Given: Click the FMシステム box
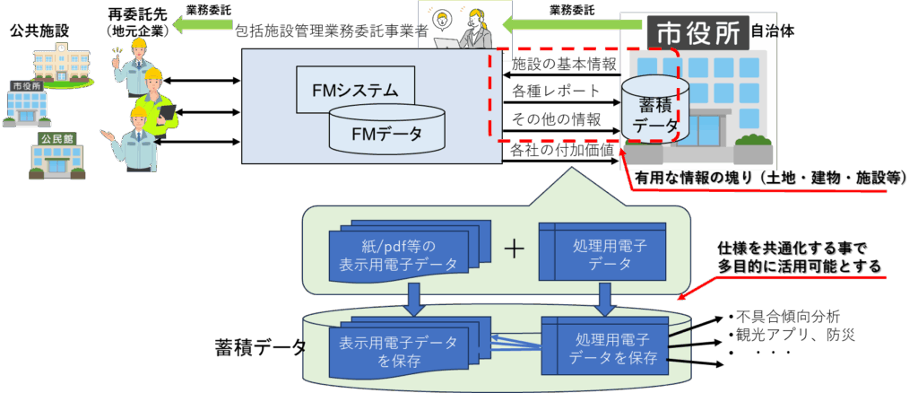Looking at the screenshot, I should coord(354,90).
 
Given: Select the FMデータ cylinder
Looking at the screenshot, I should coord(386,134).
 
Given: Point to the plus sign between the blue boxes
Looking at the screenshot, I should coord(514,249).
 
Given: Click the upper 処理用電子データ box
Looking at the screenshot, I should coord(602,252).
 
